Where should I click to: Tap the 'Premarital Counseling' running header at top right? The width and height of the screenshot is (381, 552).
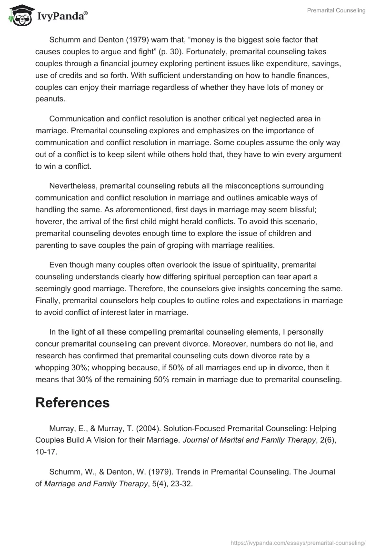[336, 10]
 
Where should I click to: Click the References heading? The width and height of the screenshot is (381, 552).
[72, 403]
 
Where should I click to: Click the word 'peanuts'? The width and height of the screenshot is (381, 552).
[50, 99]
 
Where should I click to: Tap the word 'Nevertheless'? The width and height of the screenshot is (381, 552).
[72, 185]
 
